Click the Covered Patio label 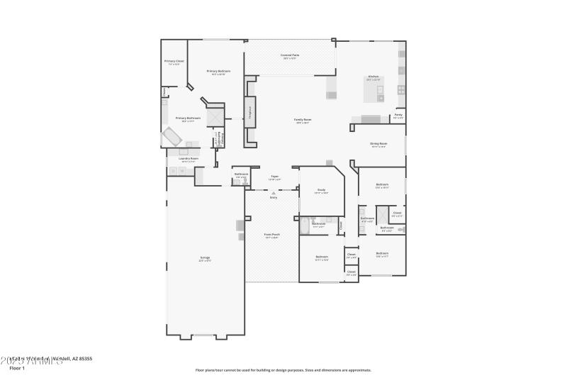pos(288,55)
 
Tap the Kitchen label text pos(373,77)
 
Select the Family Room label pos(303,120)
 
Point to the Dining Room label pos(378,144)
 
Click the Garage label pos(205,257)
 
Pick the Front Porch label pos(271,235)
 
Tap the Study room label pos(321,191)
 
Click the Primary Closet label pos(174,62)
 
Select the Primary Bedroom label pos(218,72)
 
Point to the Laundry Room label pos(188,159)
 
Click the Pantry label pos(398,115)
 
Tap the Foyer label pos(274,177)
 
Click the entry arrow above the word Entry pos(274,192)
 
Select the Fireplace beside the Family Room pos(249,111)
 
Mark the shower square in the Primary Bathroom pos(215,117)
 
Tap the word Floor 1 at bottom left pos(17,368)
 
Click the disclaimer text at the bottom pos(283,369)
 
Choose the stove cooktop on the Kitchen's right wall pos(401,89)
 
